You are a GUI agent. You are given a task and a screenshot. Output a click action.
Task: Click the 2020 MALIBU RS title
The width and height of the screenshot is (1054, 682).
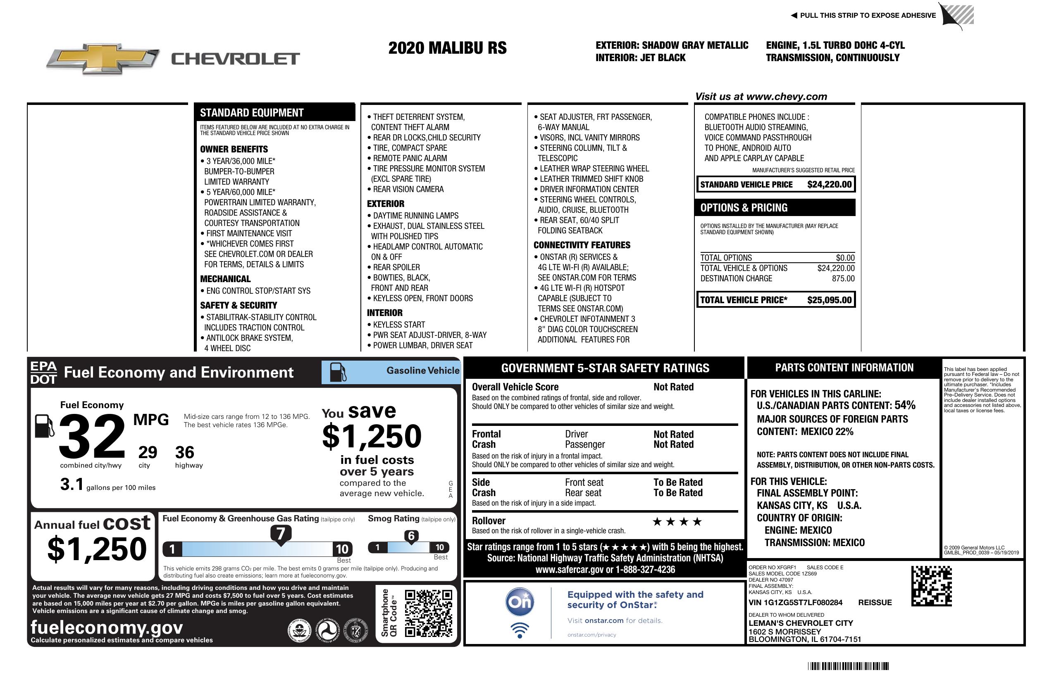tap(447, 48)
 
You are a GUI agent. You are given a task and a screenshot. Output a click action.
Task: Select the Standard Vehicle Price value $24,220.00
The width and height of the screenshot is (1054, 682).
tap(829, 185)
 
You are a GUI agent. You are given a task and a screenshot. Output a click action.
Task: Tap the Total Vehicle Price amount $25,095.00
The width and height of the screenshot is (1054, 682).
tap(829, 300)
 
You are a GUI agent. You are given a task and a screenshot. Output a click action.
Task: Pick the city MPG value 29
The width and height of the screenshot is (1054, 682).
tap(148, 452)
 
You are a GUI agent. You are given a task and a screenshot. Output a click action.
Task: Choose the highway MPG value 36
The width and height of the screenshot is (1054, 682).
tap(185, 452)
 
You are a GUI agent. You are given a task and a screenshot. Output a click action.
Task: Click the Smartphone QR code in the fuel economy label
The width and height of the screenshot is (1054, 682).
tap(428, 613)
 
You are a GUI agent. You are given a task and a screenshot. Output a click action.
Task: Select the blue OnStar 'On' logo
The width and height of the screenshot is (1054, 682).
tap(520, 602)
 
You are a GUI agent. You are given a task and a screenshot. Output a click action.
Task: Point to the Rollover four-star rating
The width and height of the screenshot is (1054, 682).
tap(677, 522)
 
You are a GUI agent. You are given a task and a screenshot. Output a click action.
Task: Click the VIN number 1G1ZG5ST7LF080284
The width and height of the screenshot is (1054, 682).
tap(795, 602)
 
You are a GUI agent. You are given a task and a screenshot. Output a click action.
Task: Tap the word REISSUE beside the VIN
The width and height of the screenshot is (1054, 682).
tap(875, 602)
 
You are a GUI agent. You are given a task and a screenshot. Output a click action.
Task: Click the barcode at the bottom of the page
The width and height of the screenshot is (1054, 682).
tap(848, 666)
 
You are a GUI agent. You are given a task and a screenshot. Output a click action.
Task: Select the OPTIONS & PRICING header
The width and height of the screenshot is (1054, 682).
tap(744, 207)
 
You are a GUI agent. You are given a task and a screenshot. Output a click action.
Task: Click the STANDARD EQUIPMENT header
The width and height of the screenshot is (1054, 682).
tap(252, 113)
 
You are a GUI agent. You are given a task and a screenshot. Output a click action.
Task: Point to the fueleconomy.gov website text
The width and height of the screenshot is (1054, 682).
tap(107, 627)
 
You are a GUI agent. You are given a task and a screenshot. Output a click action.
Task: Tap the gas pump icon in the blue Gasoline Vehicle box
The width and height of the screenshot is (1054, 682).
tap(338, 372)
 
